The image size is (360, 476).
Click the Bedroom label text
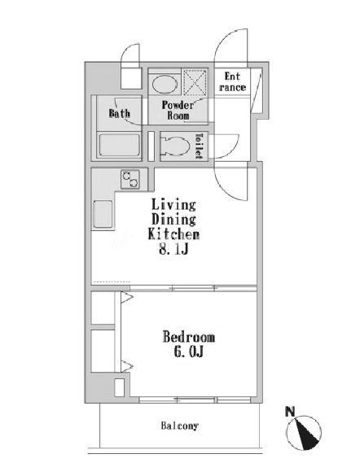click(x=189, y=337)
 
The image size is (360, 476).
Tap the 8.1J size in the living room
click(x=173, y=249)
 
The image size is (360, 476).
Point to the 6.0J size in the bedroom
click(x=188, y=352)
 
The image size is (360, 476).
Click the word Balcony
click(x=179, y=426)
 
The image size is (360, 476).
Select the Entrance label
click(x=232, y=82)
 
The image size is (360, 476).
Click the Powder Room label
click(x=178, y=110)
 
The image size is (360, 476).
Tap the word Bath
click(x=120, y=113)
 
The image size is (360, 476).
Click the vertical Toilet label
click(x=199, y=146)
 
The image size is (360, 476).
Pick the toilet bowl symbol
click(x=175, y=146)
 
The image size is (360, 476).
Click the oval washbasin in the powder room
click(x=165, y=84)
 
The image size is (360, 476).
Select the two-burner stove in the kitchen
click(x=130, y=179)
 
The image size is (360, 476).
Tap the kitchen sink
click(x=103, y=214)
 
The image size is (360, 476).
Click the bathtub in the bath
click(x=120, y=145)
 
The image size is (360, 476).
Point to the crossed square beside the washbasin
click(x=195, y=82)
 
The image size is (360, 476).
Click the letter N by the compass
click(x=290, y=412)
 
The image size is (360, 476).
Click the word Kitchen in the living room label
click(x=173, y=234)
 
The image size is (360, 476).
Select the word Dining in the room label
click(x=173, y=220)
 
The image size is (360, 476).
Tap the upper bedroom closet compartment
click(x=103, y=308)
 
